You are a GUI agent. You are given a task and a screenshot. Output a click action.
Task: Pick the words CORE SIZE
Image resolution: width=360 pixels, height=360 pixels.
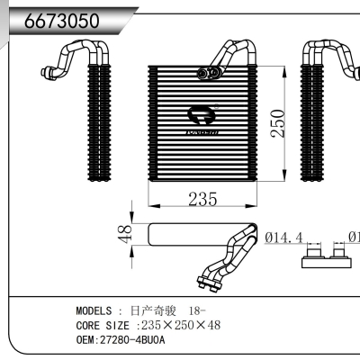(101, 325)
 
